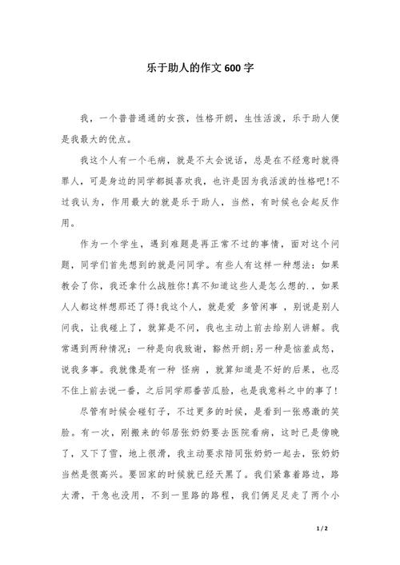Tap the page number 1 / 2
(x=322, y=529)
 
